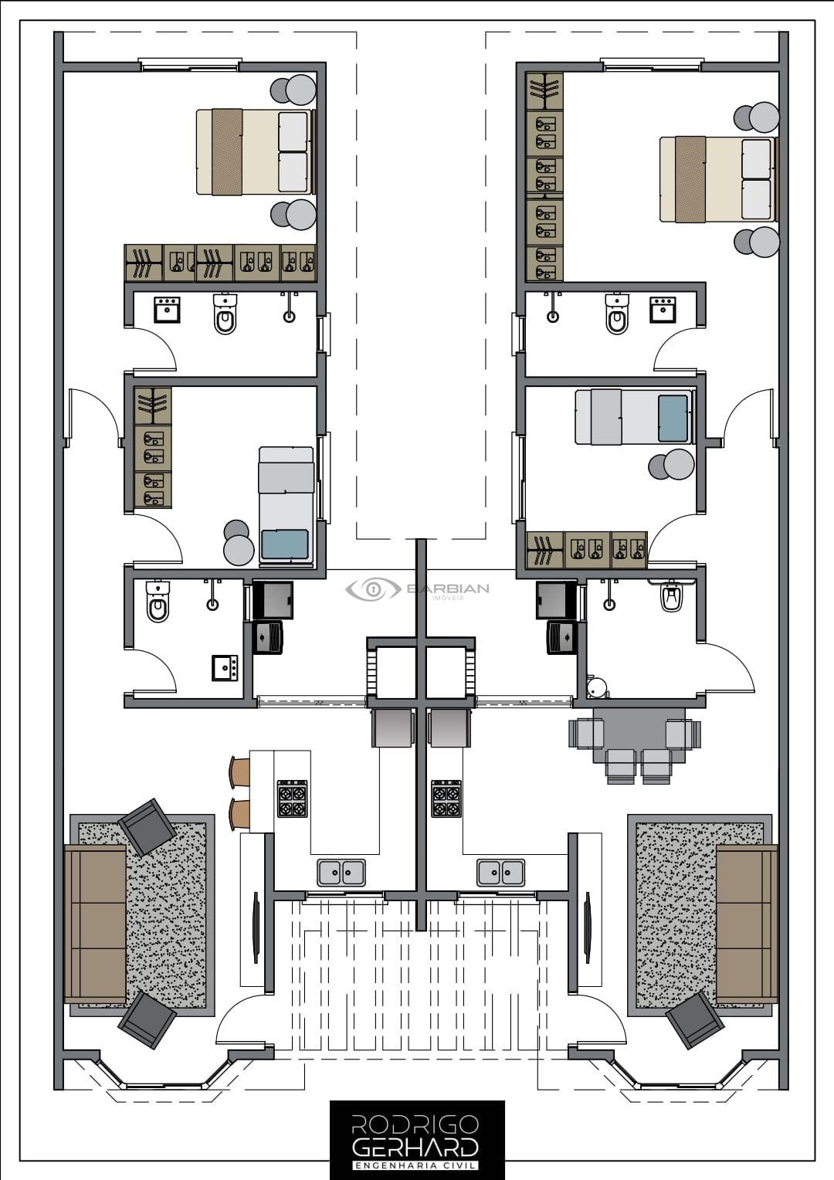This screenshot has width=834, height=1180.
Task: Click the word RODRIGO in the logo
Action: (415, 1125)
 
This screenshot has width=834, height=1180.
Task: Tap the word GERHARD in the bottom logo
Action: (415, 1148)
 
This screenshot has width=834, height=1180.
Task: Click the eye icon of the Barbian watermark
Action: (374, 588)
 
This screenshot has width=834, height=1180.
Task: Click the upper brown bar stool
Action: (241, 773)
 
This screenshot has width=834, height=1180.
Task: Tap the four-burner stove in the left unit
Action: (293, 798)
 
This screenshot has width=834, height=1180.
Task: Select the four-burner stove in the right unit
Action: (446, 798)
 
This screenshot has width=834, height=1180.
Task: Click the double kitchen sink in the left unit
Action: (341, 872)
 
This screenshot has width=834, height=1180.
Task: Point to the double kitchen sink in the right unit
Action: (501, 872)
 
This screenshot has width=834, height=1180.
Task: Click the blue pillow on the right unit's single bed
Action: (673, 419)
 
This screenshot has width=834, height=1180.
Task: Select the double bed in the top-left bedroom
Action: (256, 152)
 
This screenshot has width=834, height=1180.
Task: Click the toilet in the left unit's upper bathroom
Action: (225, 314)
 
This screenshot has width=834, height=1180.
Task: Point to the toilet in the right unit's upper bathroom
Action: (616, 314)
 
